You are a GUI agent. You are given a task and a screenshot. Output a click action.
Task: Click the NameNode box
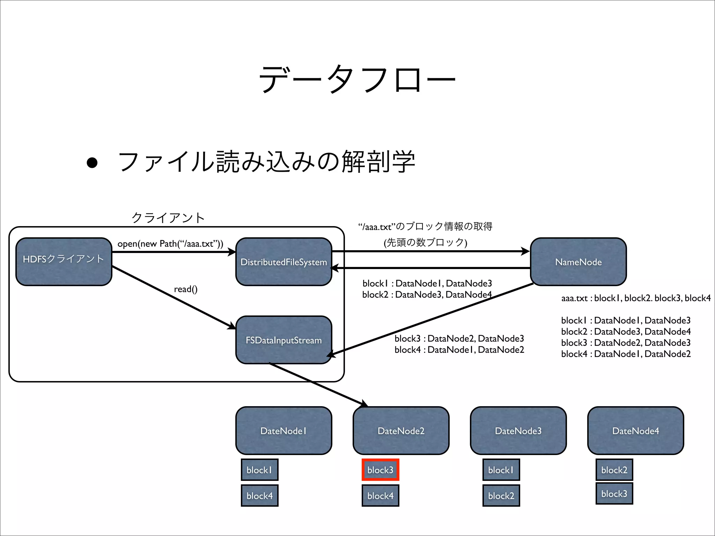[578, 262]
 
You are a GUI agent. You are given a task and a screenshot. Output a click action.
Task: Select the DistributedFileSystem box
[283, 262]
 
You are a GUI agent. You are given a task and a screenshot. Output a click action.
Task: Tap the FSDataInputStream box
[283, 340]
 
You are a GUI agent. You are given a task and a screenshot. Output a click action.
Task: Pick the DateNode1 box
[283, 431]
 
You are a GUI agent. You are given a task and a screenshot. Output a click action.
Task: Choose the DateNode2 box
[401, 431]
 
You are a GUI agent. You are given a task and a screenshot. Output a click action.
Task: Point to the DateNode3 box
[518, 431]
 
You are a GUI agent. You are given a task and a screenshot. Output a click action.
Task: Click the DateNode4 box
[635, 431]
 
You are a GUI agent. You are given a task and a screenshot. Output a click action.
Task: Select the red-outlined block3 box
[380, 470]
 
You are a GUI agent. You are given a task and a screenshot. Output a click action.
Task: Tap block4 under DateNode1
[259, 496]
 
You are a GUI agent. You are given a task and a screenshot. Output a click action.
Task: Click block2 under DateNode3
[501, 496]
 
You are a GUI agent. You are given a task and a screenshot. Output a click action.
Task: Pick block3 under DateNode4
[614, 493]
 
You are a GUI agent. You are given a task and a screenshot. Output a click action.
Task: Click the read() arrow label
[186, 289]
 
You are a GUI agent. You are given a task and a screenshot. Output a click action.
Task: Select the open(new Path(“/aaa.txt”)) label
[170, 244]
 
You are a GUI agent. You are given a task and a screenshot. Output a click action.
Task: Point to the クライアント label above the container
[168, 218]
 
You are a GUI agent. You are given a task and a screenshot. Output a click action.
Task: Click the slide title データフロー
[357, 80]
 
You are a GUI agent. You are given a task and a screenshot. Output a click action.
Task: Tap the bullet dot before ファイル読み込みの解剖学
[92, 163]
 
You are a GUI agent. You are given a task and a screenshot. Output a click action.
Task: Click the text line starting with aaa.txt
[636, 298]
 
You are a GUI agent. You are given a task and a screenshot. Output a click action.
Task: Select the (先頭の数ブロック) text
[425, 242]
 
